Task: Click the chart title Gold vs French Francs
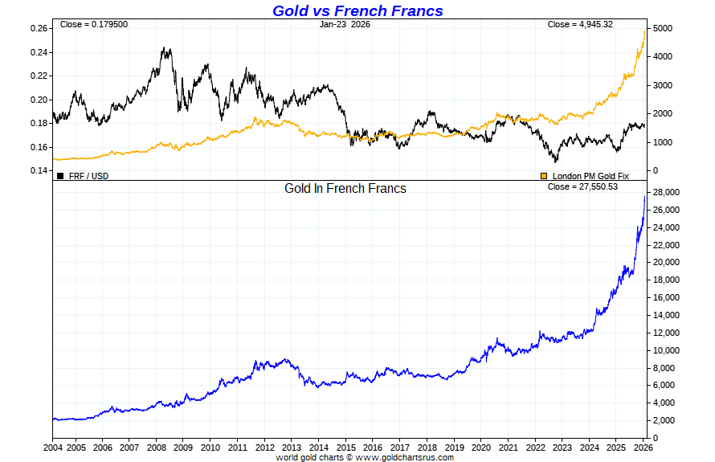click(357, 10)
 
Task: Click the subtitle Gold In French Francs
click(345, 188)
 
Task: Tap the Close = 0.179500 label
click(93, 24)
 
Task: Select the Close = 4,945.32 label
click(580, 24)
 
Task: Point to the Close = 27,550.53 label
click(582, 186)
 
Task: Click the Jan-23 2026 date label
click(345, 24)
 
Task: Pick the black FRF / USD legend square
click(60, 175)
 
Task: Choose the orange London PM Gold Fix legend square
click(544, 175)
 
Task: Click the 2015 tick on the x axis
click(345, 447)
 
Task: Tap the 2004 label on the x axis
click(52, 447)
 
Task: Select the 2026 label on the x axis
click(642, 447)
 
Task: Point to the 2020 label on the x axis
click(481, 447)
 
